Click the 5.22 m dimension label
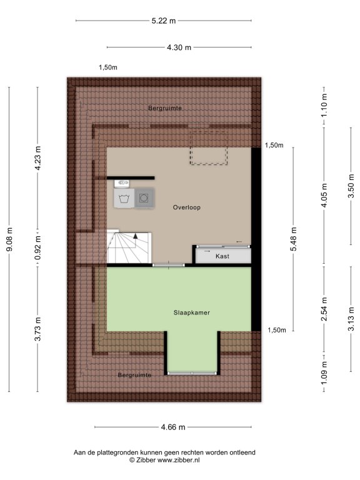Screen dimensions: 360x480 click(x=164, y=21)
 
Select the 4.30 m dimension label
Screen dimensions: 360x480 click(x=179, y=47)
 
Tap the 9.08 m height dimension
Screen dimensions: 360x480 click(x=9, y=239)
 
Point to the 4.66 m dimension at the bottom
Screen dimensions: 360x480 click(x=173, y=427)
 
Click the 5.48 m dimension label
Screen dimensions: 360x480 click(x=294, y=239)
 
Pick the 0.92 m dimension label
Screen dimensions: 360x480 click(x=37, y=248)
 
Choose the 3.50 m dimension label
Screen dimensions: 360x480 click(x=351, y=186)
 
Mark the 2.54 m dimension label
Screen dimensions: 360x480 click(x=324, y=309)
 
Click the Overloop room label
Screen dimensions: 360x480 click(x=187, y=207)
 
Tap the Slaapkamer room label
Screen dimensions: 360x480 click(x=192, y=312)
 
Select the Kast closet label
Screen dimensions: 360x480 click(x=222, y=256)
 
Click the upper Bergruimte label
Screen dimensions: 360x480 click(x=165, y=108)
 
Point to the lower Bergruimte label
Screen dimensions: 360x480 click(x=135, y=375)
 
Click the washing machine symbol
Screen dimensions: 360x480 click(x=124, y=198)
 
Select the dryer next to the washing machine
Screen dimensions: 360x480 click(x=144, y=198)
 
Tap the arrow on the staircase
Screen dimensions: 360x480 click(x=135, y=236)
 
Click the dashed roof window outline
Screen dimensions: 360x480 click(x=209, y=147)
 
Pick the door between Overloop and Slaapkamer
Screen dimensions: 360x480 click(x=169, y=265)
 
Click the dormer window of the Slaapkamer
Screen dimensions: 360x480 click(x=192, y=373)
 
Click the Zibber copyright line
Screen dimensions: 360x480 click(x=164, y=460)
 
